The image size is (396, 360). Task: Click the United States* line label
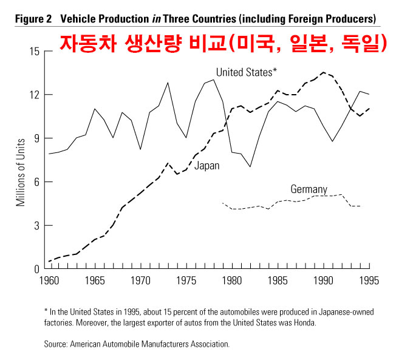click(247, 73)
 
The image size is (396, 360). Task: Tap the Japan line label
click(207, 166)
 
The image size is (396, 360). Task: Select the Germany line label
click(309, 189)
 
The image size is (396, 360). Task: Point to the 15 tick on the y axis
click(34, 51)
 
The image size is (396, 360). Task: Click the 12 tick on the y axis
click(34, 95)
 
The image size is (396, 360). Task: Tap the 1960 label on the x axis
click(48, 281)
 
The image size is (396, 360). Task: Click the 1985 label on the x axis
click(278, 281)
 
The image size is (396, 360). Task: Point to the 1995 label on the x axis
click(368, 281)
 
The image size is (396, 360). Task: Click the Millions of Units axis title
click(20, 160)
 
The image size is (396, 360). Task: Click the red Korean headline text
click(222, 42)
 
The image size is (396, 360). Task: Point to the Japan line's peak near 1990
click(323, 72)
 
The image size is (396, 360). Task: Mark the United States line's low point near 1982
click(250, 166)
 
